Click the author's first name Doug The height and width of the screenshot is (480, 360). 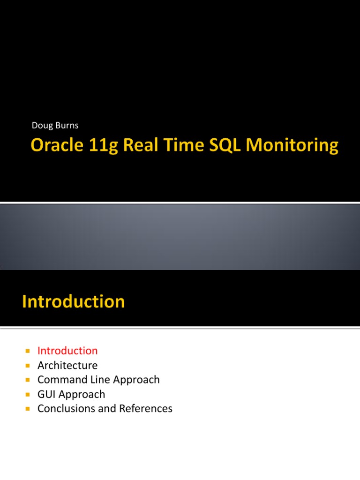tap(41, 125)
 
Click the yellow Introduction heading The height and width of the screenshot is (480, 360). tap(74, 301)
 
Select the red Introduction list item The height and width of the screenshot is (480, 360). tap(67, 351)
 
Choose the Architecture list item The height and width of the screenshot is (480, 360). tap(67, 365)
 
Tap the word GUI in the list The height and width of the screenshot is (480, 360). tap(47, 394)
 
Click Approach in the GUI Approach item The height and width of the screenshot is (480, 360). tap(82, 395)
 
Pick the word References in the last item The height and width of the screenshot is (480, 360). tap(146, 409)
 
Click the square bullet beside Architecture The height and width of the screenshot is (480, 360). tap(28, 366)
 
